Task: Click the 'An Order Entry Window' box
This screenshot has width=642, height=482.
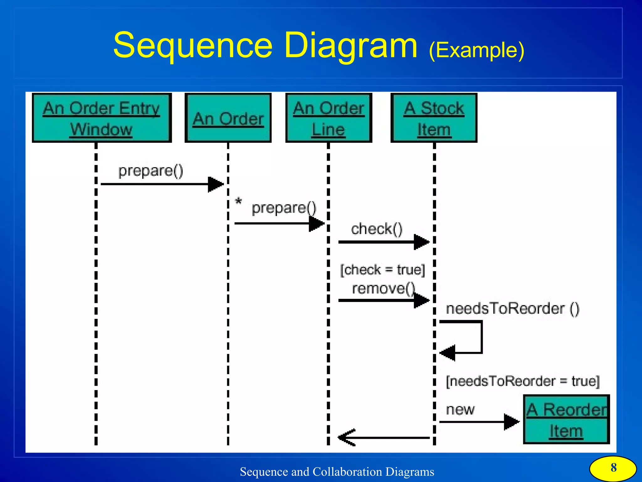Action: click(102, 118)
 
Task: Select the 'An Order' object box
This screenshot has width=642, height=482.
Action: click(228, 118)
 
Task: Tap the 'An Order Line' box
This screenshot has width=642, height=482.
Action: click(329, 118)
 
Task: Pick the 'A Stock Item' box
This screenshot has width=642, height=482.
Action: click(434, 118)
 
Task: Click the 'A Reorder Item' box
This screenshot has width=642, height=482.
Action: click(566, 420)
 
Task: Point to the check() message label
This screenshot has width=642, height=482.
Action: click(376, 229)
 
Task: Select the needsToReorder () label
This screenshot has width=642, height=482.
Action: click(512, 309)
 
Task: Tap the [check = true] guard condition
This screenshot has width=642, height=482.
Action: click(382, 270)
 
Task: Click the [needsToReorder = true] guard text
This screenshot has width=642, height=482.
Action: click(522, 381)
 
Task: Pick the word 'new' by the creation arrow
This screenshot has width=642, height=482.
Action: click(460, 409)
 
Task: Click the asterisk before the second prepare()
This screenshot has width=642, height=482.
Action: click(239, 201)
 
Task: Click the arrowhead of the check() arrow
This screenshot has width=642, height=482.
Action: click(421, 242)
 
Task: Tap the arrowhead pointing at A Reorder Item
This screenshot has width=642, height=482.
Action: click(511, 422)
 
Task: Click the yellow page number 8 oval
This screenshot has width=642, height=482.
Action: click(613, 468)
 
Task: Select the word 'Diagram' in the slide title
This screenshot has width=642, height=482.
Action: click(351, 45)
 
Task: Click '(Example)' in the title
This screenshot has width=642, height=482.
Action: click(476, 50)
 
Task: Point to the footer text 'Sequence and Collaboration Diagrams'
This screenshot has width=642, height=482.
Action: click(337, 472)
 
